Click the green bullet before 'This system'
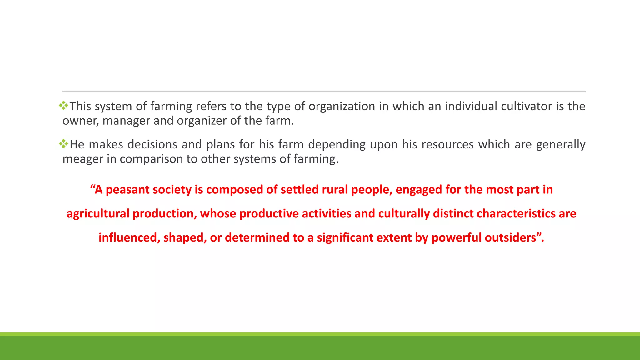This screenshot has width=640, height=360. coord(63,106)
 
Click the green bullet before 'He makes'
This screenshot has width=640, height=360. coord(63,144)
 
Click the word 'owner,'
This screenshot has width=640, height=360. coord(81,121)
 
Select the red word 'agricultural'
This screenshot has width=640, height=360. coord(98,214)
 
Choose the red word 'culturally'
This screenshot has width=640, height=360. coord(404,214)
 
